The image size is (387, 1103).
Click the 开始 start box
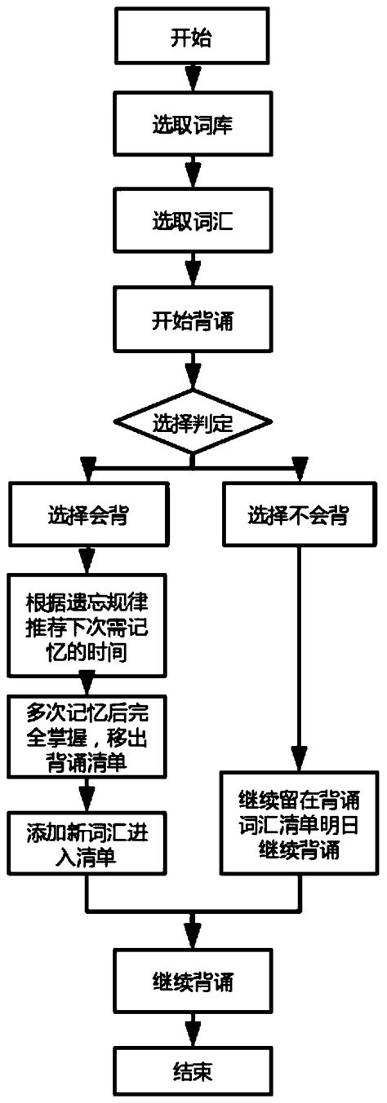tap(193, 38)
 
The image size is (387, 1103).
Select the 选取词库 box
tap(193, 129)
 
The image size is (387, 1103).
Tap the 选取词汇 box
tap(193, 222)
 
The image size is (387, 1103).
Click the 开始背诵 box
tap(193, 318)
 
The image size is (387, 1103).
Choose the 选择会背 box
tap(86, 514)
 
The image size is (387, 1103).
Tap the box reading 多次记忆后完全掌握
tap(86, 736)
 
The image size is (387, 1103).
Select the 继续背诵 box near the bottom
tap(193, 982)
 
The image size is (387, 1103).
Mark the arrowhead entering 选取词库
tap(193, 82)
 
